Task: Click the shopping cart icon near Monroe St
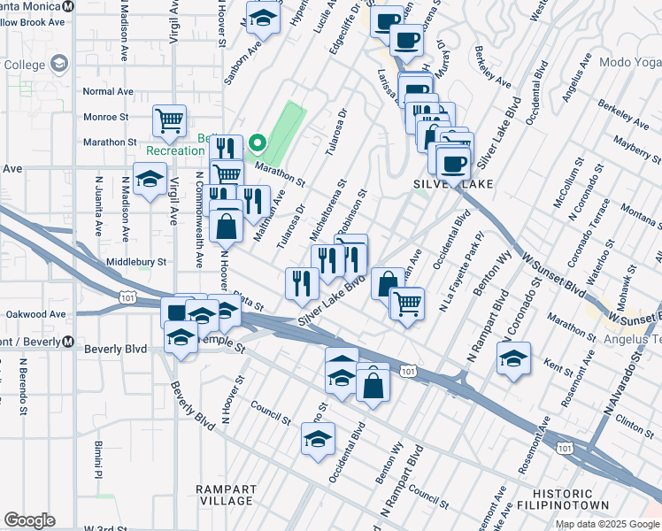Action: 169,119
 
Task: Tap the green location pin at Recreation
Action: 258,142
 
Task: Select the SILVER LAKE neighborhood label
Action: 451,183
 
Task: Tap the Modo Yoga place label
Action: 629,62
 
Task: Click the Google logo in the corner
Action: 29,520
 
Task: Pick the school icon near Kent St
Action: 513,358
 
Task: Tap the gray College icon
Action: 59,64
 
